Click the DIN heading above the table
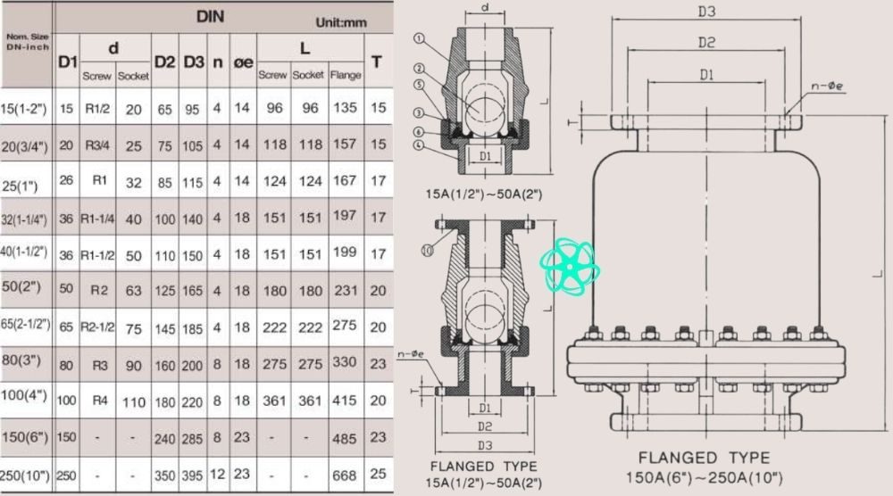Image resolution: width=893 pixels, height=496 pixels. coord(210,16)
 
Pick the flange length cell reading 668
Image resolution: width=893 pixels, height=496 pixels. coord(345,475)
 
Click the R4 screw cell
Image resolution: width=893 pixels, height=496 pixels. coord(99,401)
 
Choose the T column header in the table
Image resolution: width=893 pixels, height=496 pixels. coord(378,62)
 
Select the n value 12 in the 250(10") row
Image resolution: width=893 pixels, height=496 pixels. coord(217,475)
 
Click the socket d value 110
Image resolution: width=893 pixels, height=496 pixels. coord(133,401)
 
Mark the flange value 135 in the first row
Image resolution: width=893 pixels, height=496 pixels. coord(345,108)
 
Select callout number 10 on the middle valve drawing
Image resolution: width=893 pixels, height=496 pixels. coord(426,251)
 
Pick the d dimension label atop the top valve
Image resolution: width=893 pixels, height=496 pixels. coord(483,8)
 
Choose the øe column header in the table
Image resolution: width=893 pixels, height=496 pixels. coord(242,62)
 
